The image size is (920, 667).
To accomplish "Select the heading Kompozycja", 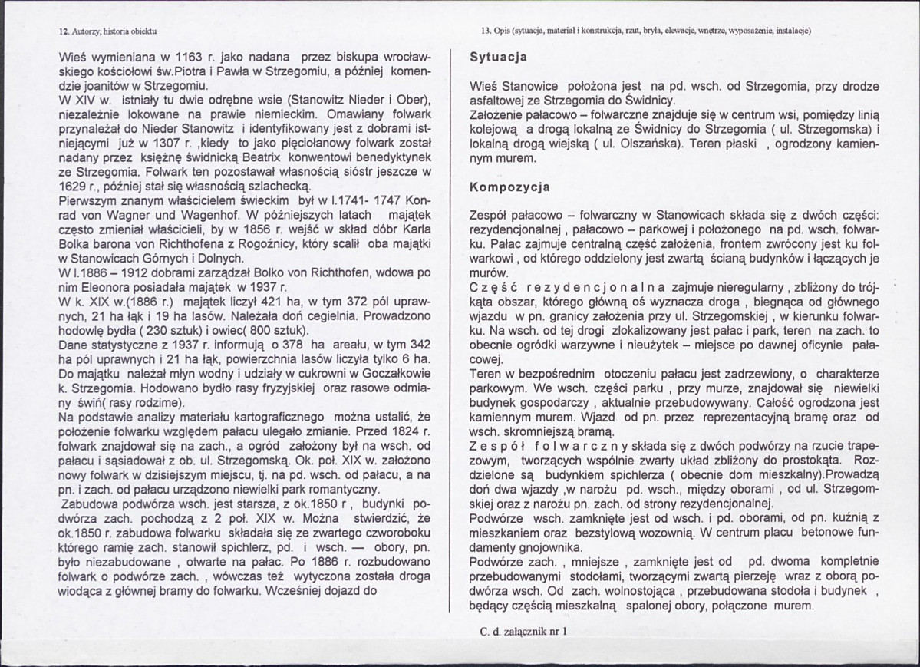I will coord(509,187).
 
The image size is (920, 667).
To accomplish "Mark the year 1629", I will coord(74,187).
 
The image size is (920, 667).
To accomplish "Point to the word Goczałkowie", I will coord(393,373).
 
